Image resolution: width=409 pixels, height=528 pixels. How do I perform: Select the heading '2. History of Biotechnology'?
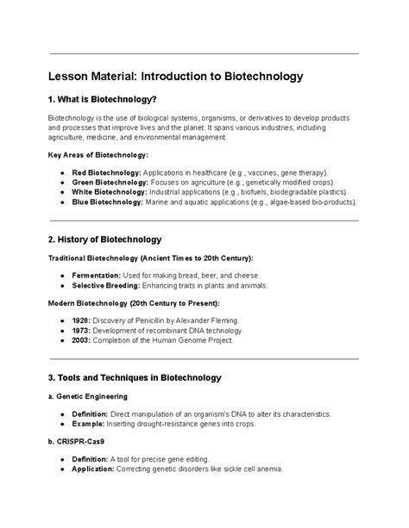coord(104,239)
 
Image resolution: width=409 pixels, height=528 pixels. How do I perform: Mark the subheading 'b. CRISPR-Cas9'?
coord(76,441)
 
